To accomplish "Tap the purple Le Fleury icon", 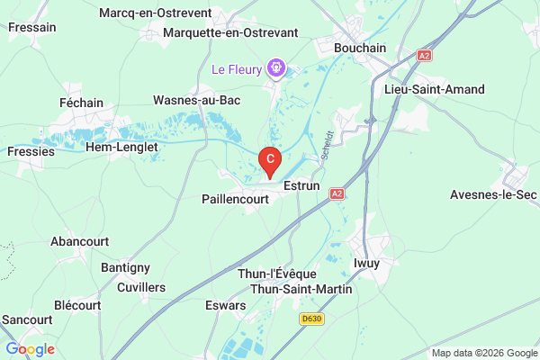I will [276, 68].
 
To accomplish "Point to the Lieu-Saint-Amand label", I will [434, 89].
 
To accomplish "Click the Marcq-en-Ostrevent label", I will [156, 13].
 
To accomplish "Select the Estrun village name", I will [301, 185].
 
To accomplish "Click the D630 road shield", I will [311, 319].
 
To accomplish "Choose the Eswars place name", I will [225, 305].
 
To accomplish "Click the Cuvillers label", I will [141, 287].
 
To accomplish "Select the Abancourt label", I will [79, 241].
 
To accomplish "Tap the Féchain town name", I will [81, 103].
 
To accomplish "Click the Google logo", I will [30, 349].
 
